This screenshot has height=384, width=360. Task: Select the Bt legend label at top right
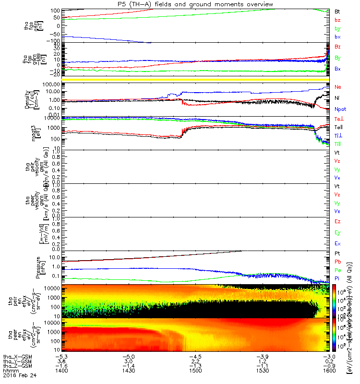tap(337, 11)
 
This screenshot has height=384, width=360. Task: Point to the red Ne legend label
tap(338, 87)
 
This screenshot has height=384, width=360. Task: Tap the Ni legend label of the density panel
tap(337, 98)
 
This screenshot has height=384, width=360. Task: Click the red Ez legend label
tap(337, 221)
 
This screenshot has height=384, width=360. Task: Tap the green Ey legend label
tap(337, 233)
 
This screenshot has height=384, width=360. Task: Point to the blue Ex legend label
tap(337, 244)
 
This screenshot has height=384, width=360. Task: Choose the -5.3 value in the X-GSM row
tap(60, 357)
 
